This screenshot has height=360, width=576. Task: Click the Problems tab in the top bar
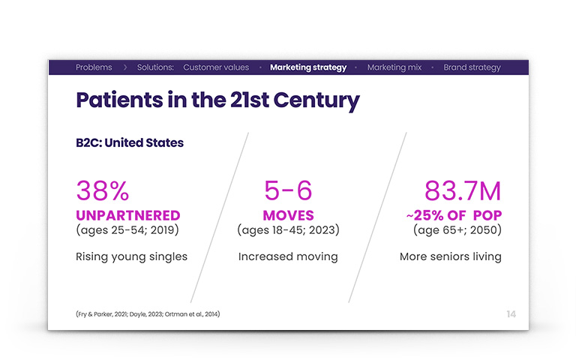tap(94, 67)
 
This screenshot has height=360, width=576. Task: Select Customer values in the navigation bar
tap(216, 67)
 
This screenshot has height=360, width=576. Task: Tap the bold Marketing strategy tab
tap(308, 67)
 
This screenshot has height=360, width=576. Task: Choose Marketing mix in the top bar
tap(394, 67)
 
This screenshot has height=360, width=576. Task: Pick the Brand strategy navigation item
tap(472, 67)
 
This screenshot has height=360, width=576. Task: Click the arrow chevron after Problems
tap(125, 67)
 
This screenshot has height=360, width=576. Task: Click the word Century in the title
tap(316, 100)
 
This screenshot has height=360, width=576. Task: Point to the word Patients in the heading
tap(119, 100)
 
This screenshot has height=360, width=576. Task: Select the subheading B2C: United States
tap(130, 142)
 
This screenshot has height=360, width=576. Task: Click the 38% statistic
tap(103, 190)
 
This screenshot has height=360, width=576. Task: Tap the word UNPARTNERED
tap(128, 215)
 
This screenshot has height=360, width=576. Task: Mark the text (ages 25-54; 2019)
tap(127, 230)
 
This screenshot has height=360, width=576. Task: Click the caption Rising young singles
tap(131, 256)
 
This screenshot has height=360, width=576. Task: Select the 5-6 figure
tap(288, 190)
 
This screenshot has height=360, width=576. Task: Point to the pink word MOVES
tap(288, 215)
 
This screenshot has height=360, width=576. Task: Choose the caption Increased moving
tap(288, 256)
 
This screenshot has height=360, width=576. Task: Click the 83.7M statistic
tap(463, 190)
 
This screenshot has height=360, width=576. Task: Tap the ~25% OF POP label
tap(454, 215)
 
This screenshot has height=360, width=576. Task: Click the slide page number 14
tap(511, 314)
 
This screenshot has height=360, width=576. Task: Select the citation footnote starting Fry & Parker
tap(148, 314)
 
